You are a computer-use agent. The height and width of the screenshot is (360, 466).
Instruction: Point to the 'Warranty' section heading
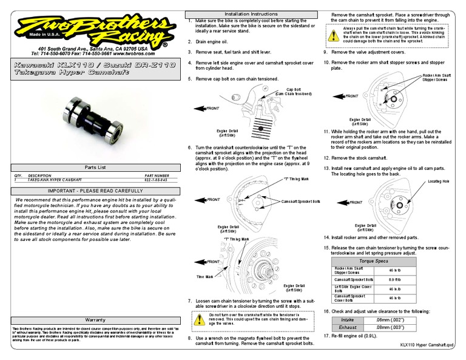[95, 319]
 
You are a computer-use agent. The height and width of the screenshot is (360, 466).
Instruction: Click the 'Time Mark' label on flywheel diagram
[204, 276]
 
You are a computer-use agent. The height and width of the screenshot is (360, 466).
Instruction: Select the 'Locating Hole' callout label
[438, 182]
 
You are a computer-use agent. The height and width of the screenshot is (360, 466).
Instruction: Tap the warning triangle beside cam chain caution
[334, 34]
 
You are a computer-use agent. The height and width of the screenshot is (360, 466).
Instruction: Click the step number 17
[326, 336]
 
